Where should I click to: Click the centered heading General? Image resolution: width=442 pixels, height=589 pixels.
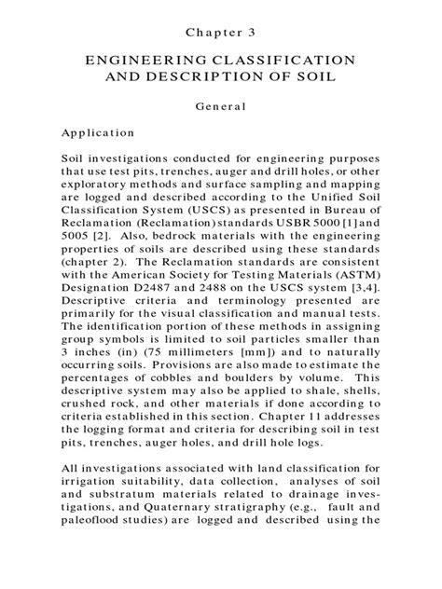tap(221, 105)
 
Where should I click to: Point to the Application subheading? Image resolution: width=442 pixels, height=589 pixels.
tap(98, 132)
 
